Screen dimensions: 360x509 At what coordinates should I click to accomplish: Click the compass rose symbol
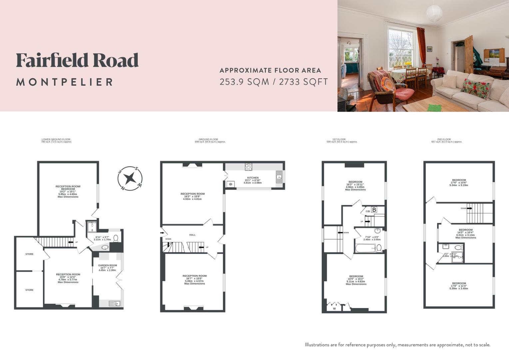tap(130, 178)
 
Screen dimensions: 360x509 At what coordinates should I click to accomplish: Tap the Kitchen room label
tap(253, 178)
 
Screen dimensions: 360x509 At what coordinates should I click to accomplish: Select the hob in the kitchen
tap(249, 167)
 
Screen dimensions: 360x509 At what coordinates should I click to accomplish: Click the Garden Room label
tap(107, 266)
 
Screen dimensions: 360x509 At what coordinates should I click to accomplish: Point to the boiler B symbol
tap(374, 210)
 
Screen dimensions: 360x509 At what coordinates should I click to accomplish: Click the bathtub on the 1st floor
tap(366, 248)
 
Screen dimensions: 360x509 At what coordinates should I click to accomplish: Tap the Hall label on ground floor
tap(192, 235)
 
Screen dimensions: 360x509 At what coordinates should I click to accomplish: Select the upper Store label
tap(29, 254)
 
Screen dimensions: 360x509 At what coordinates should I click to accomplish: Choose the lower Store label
tap(29, 290)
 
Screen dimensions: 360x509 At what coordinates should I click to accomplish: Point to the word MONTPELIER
tap(65, 82)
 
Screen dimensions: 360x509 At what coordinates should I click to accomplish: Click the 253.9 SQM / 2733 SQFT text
tap(273, 82)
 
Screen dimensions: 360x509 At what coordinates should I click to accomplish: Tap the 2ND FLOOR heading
tap(444, 139)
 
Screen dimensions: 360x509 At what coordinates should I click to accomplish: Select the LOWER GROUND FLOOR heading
tap(56, 139)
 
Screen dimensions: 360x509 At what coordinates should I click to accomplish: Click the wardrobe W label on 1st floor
tap(334, 309)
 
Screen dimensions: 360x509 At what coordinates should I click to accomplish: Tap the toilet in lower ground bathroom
tap(116, 238)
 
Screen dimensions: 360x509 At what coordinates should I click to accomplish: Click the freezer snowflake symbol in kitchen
tap(230, 184)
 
